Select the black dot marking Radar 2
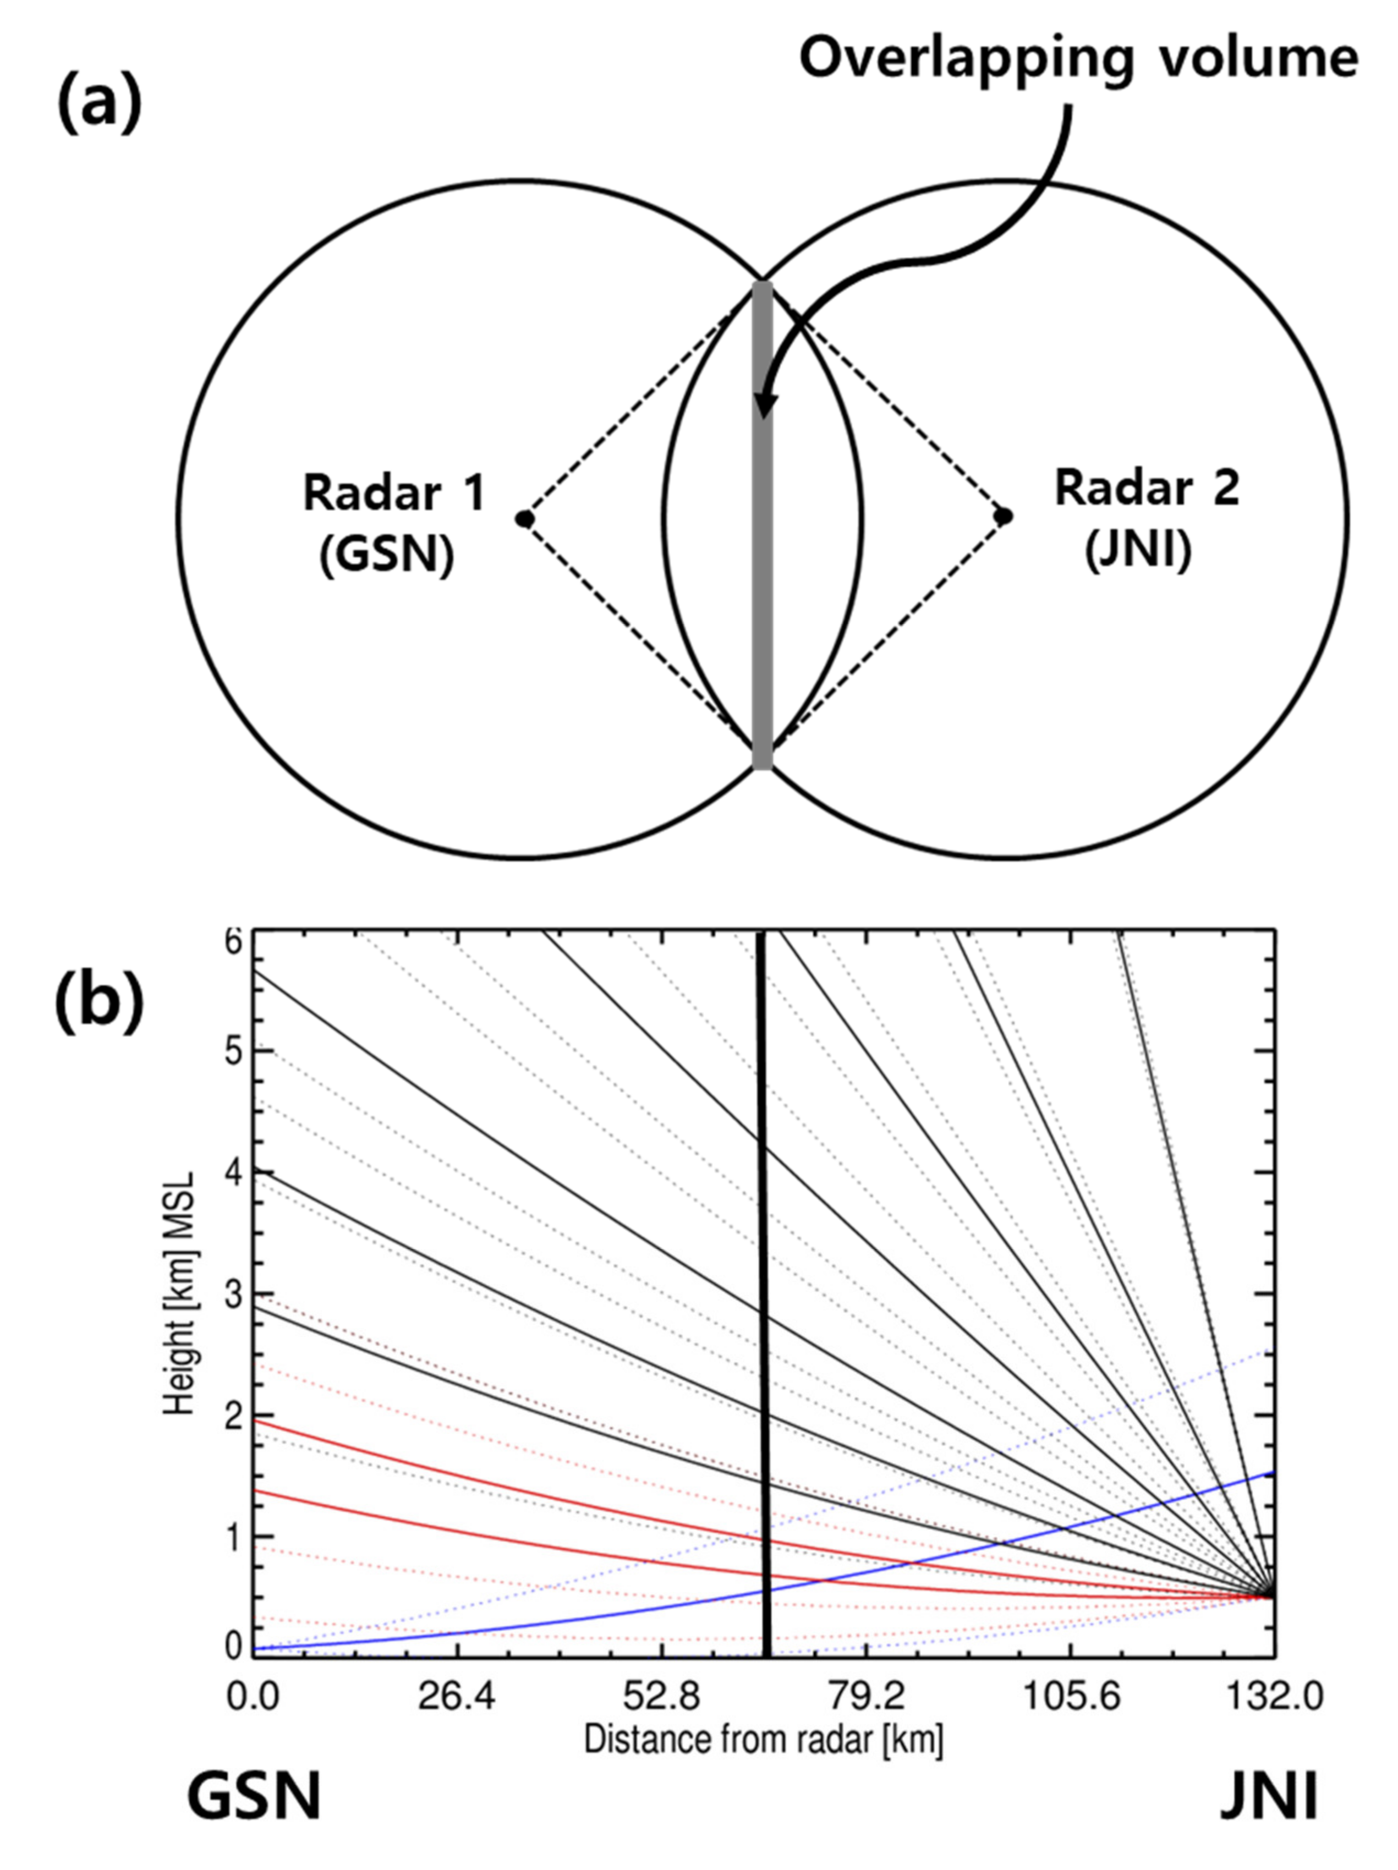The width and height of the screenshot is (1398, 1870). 1004,515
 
